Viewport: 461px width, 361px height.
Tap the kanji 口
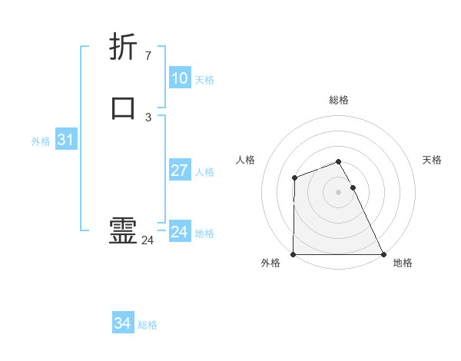[123, 108]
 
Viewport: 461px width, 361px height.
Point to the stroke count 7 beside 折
[148, 55]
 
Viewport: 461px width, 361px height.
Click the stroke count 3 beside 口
[148, 117]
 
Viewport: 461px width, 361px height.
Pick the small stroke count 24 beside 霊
[148, 240]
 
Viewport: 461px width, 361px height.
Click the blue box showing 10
[180, 78]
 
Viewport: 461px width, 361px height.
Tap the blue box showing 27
[180, 171]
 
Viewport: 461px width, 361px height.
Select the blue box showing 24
[180, 231]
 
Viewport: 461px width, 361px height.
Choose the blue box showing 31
[65, 140]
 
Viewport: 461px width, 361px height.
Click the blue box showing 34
[122, 323]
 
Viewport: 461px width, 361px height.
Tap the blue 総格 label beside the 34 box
[148, 325]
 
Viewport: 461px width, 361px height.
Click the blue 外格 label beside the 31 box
[41, 141]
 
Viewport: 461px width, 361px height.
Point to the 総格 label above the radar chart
[339, 100]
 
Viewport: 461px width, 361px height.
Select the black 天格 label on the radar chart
[432, 160]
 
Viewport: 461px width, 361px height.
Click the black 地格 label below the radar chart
[403, 263]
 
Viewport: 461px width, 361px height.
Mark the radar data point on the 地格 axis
[383, 254]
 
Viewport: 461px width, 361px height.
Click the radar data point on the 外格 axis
[294, 254]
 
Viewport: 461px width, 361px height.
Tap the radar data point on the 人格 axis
[294, 178]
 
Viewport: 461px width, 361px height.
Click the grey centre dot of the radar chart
[339, 192]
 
